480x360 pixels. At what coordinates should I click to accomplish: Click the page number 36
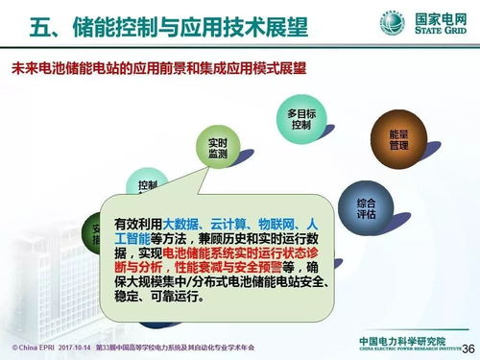(x=468, y=348)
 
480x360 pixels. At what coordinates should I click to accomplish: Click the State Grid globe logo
(x=391, y=22)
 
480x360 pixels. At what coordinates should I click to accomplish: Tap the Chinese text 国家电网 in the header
(x=438, y=16)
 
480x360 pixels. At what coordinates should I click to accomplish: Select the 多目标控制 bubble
(x=301, y=120)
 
